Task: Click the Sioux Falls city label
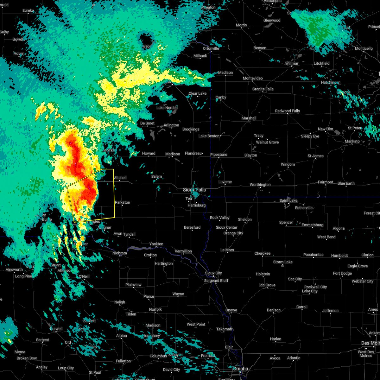click(194, 190)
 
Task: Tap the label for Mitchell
click(120, 178)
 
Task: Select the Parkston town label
click(123, 203)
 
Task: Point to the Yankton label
click(156, 244)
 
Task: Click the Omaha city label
click(241, 369)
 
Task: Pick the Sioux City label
click(214, 273)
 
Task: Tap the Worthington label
click(260, 185)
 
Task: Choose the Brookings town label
click(191, 130)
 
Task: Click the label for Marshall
click(249, 118)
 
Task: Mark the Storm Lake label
click(283, 262)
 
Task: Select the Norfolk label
click(155, 310)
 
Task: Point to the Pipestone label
click(219, 155)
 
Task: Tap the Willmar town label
click(292, 64)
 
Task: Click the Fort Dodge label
click(342, 274)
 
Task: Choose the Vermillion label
click(183, 251)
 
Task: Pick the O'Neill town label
click(84, 277)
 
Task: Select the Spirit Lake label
click(288, 201)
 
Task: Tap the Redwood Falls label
click(288, 111)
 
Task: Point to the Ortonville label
click(211, 49)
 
